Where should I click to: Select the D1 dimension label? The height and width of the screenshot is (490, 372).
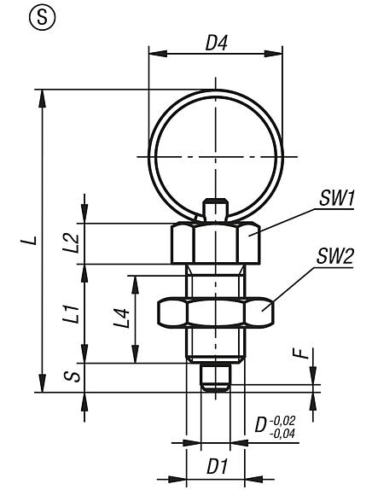point(216,469)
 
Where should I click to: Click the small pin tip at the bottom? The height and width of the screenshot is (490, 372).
point(214,376)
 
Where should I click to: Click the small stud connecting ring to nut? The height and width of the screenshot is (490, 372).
point(214,211)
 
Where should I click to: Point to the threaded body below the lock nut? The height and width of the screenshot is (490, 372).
point(214,346)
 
